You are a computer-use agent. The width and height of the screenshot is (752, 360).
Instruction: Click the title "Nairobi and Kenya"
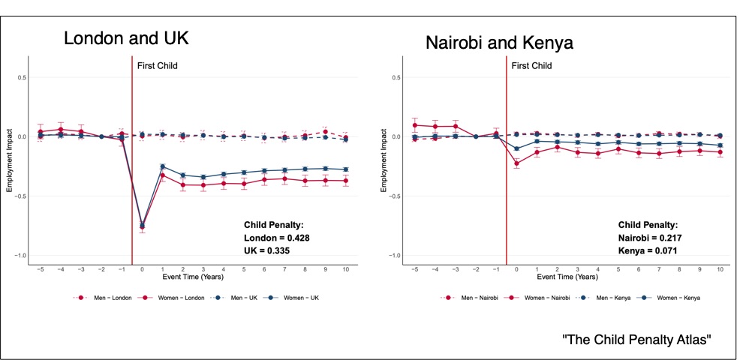499,42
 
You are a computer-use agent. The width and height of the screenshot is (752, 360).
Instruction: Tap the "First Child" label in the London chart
157,66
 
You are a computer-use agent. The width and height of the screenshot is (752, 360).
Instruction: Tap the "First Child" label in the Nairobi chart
531,66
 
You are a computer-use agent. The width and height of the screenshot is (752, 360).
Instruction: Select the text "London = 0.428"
277,237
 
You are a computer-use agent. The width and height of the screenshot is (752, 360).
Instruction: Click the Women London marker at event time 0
142,226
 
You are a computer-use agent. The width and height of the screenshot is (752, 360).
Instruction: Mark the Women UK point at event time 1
162,166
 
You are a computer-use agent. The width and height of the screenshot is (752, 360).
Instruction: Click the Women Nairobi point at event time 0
516,163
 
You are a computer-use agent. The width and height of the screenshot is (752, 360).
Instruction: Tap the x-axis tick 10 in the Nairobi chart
720,268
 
